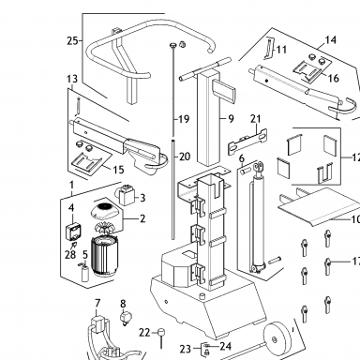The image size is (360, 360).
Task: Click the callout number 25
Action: pos(72,40)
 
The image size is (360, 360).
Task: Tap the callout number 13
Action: pos(72,79)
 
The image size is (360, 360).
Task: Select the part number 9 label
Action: pos(231,119)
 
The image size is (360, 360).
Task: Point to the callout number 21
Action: pos(255,119)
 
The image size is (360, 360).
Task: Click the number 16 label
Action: pos(334,78)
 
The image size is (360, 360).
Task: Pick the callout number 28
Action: pos(70,255)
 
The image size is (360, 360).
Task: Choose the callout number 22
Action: pos(144,333)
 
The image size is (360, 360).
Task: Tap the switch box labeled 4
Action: pos(74,232)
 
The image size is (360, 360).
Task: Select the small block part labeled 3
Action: pos(127,195)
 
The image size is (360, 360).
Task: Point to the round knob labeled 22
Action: pos(161,332)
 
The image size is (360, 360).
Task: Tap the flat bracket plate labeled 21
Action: pos(248,142)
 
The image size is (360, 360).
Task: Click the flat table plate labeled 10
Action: pos(317,205)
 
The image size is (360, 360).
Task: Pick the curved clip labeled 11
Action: pos(269,48)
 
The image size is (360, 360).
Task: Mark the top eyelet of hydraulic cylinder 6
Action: pos(258,167)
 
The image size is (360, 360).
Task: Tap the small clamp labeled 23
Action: pos(206,349)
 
